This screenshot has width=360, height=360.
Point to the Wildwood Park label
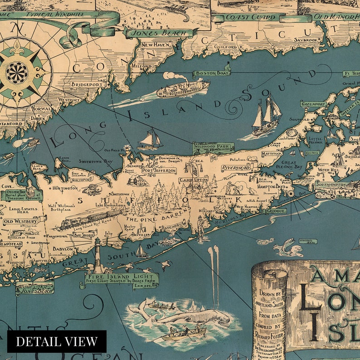(213, 147)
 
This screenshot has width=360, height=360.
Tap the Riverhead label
(230, 167)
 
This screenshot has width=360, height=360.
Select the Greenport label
(313, 104)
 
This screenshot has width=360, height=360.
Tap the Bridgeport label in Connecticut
(85, 84)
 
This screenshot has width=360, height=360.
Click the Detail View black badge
(57, 341)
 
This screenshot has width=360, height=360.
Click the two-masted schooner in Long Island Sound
(267, 115)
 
